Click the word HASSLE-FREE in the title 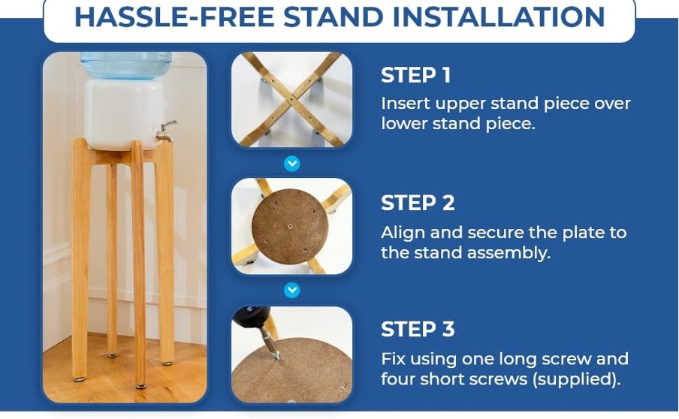[x=174, y=17]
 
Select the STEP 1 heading [x=415, y=75]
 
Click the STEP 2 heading [x=418, y=203]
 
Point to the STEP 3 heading [x=418, y=330]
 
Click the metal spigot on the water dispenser [x=166, y=131]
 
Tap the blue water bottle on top [x=126, y=65]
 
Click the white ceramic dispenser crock [x=124, y=114]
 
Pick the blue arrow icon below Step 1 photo [x=292, y=164]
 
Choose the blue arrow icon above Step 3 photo [x=292, y=290]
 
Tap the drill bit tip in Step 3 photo [x=276, y=356]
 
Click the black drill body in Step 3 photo [x=250, y=318]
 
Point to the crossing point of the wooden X [x=290, y=98]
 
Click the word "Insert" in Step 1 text [x=405, y=104]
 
